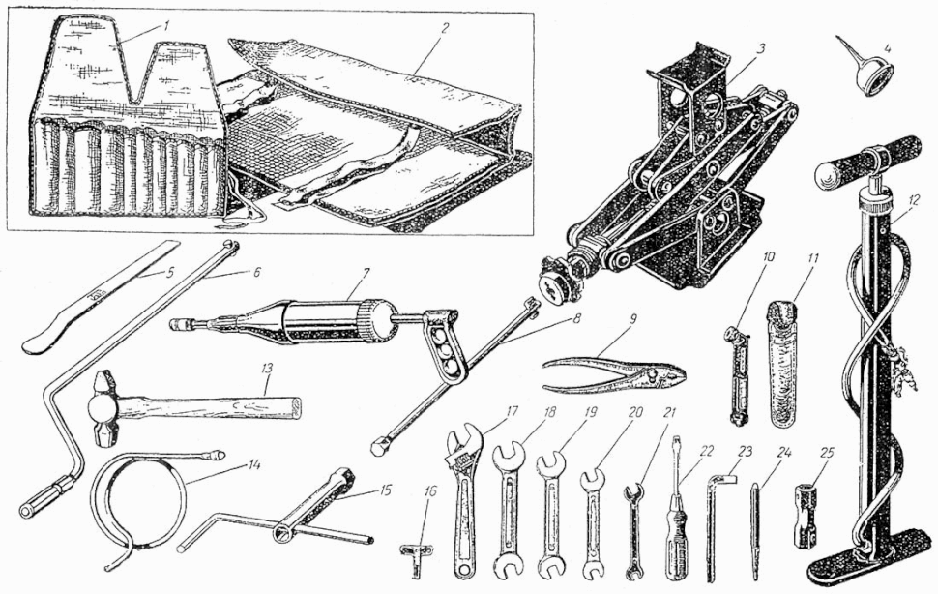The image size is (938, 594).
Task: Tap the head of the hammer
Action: click(x=102, y=406)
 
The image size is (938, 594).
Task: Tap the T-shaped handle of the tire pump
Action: click(x=866, y=161)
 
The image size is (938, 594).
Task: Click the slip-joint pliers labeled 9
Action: click(x=614, y=372)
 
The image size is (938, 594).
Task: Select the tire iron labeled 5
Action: click(x=101, y=294)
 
